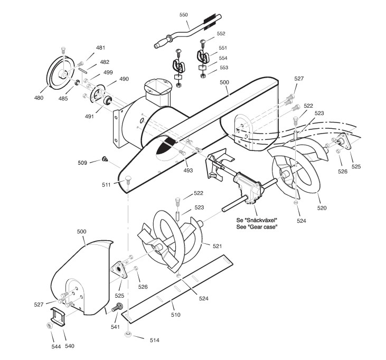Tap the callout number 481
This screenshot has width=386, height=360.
point(100,48)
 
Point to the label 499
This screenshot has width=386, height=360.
point(107,72)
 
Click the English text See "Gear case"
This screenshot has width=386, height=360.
point(257,226)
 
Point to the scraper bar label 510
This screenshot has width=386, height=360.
point(175,315)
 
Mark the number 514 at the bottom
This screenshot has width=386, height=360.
point(154,340)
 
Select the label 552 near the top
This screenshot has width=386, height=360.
point(221,33)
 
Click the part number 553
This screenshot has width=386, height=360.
point(223,68)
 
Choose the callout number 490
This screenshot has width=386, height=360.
point(124,79)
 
